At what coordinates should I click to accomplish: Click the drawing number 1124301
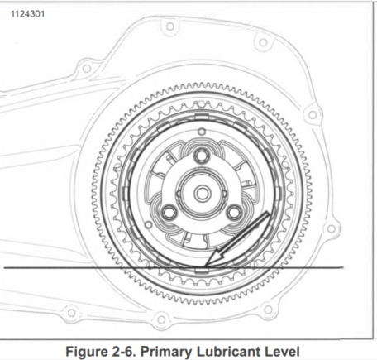click(27, 14)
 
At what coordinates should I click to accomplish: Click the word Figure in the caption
click(87, 352)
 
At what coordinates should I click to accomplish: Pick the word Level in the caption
click(282, 352)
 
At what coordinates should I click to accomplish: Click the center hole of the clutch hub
click(202, 194)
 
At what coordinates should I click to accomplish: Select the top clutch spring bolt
click(202, 156)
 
